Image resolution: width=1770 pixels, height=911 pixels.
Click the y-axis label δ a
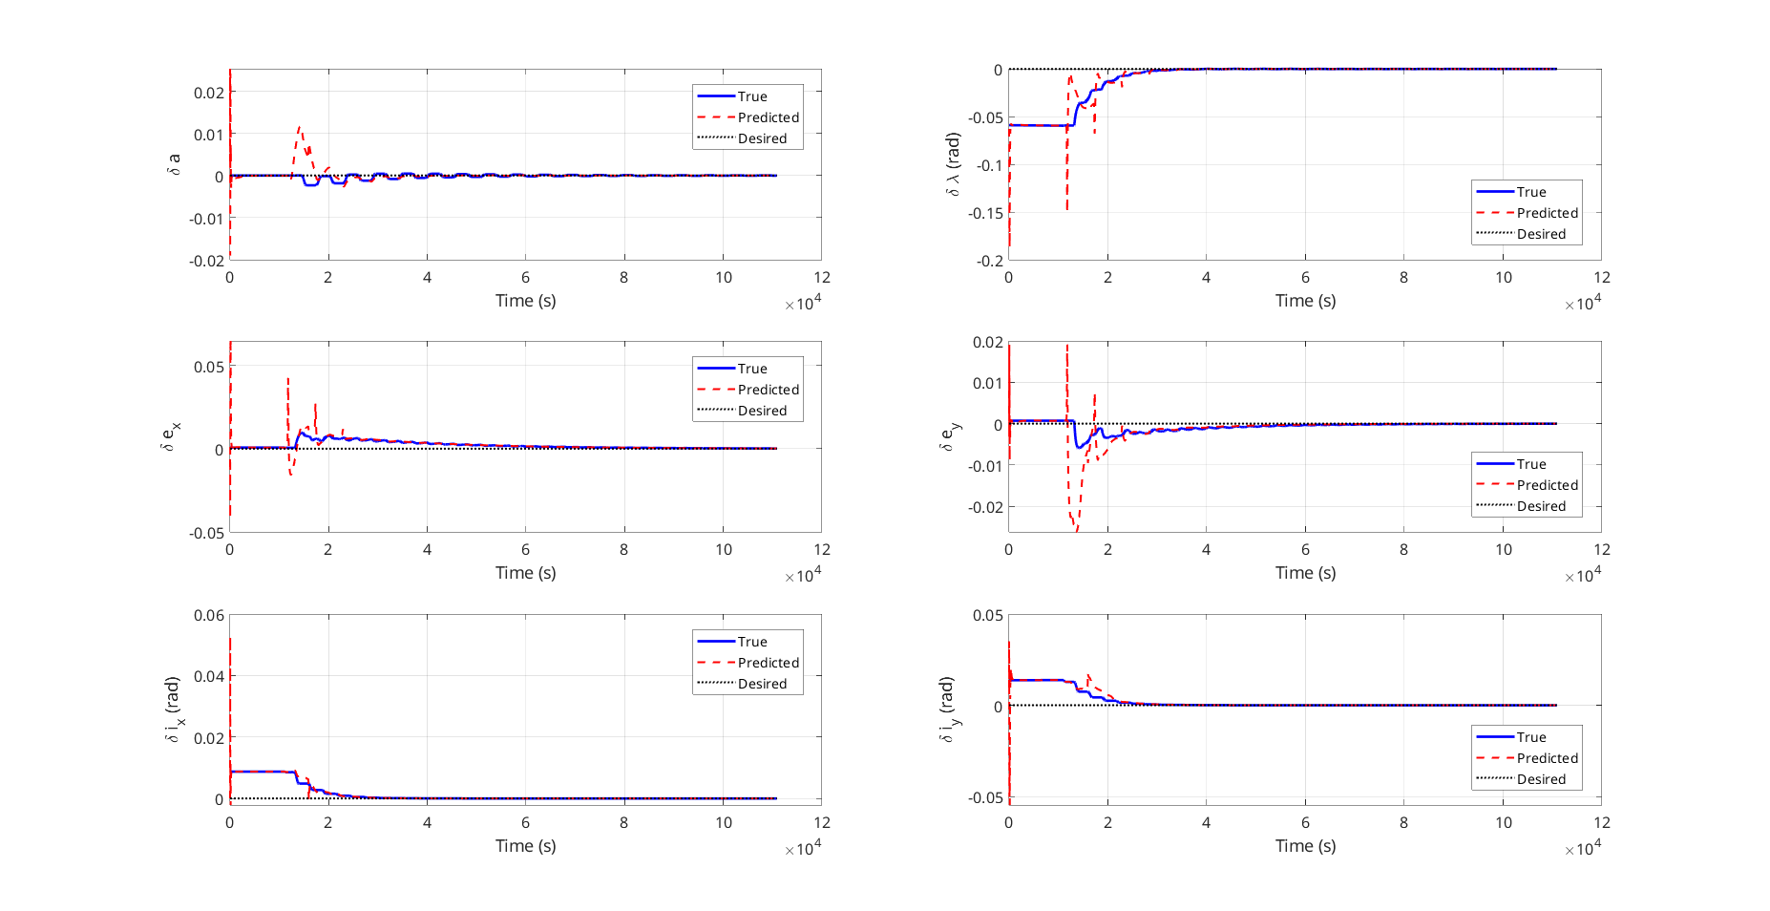pos(174,164)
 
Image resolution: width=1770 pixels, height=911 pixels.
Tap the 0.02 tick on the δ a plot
pos(209,93)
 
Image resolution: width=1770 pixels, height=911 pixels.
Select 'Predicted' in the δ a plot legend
pos(768,117)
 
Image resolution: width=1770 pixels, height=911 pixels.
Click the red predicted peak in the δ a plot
pos(299,127)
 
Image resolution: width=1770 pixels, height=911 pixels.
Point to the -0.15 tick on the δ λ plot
pos(985,213)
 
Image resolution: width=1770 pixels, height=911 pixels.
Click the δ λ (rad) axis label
pos(953,164)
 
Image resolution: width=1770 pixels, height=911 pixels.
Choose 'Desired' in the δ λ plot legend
pos(1541,234)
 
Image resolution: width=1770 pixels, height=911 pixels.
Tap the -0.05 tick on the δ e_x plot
pos(206,533)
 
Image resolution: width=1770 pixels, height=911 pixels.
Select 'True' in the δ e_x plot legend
pos(751,369)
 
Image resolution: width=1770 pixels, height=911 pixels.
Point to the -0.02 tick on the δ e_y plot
pos(985,507)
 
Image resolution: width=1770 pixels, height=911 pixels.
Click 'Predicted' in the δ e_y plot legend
pos(1547,485)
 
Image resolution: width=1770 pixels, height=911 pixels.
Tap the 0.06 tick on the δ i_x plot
pos(209,615)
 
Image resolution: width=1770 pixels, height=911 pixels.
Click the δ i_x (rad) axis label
pos(174,710)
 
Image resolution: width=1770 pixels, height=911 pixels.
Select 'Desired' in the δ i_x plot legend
pos(762,684)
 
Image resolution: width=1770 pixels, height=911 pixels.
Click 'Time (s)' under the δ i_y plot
pos(1305,846)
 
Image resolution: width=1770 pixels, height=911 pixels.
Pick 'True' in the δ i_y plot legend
pos(1530,737)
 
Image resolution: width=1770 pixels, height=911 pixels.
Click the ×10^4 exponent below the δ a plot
pos(803,304)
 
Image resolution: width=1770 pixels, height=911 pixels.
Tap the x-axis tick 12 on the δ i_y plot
pos(1601,822)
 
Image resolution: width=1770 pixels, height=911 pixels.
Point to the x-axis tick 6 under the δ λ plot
pos(1305,277)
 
